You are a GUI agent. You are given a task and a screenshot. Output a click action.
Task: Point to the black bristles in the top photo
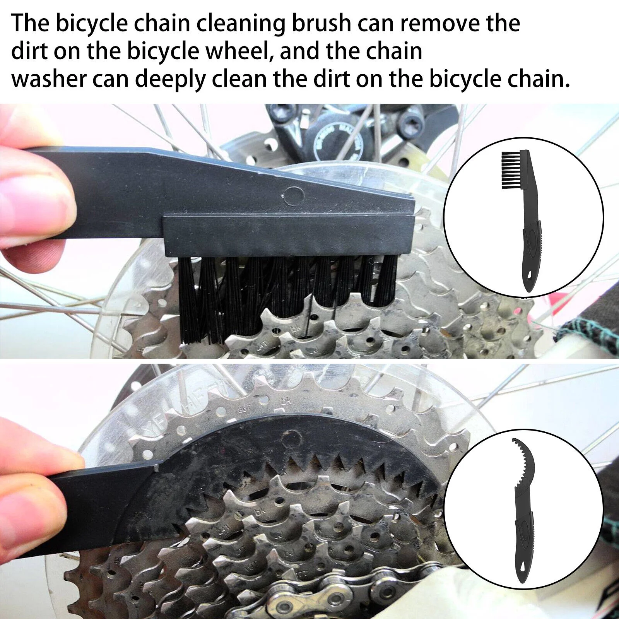click(288, 298)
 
